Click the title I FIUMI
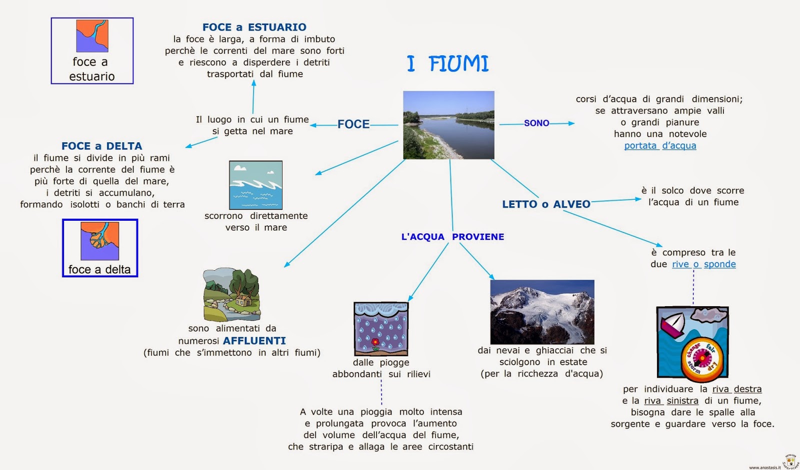(448, 64)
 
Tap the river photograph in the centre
(448, 125)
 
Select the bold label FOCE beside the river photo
(353, 124)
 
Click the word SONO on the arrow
(536, 123)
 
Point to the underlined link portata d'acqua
(660, 146)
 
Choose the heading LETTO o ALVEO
(546, 204)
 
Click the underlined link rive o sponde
(703, 264)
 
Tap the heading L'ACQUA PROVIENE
(452, 237)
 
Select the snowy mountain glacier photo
(542, 312)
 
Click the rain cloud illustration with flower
(381, 329)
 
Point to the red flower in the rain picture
(375, 344)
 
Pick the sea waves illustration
(255, 185)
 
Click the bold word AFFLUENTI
(254, 341)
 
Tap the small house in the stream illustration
(243, 300)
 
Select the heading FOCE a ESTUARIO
(254, 27)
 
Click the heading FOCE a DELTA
(101, 146)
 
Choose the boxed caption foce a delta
(99, 270)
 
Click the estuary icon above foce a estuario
(92, 36)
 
